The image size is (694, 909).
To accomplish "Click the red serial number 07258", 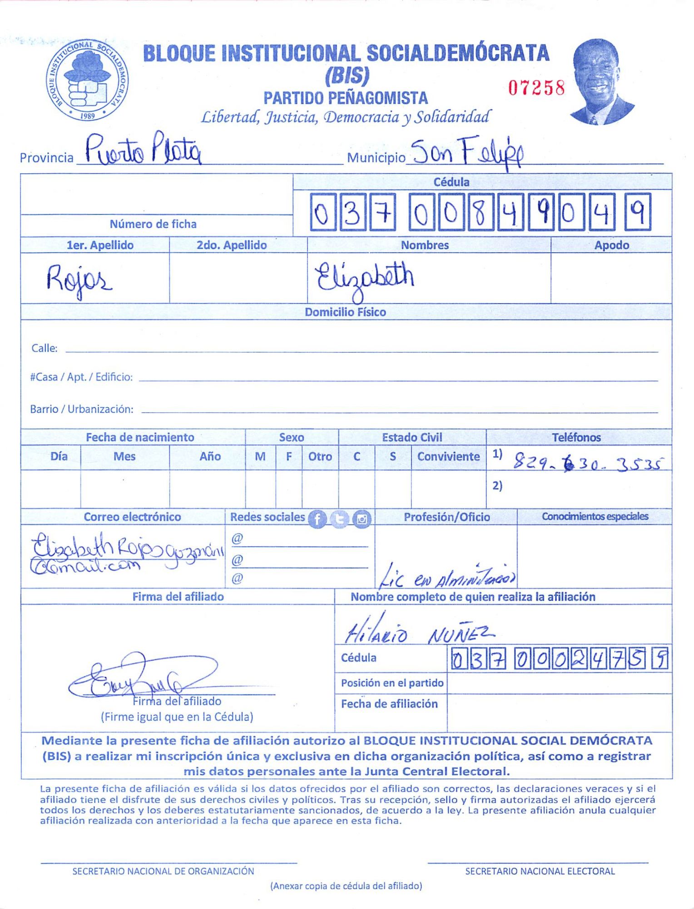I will coord(536,88).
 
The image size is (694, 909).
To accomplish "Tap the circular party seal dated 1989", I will coord(87,80).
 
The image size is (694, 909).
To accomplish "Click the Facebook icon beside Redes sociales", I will coord(317,519).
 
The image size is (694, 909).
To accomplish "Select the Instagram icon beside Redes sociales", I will coord(362,519).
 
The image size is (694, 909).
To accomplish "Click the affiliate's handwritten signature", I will coord(143,676).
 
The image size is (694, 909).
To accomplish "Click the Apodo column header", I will coord(611,245).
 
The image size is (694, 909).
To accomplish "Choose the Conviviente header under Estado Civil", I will coord(448,457).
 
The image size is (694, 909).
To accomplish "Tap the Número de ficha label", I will coord(153,224).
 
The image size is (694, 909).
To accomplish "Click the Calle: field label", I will coord(44,349).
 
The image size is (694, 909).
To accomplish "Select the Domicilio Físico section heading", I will coord(345,312).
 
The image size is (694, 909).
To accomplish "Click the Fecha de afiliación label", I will coord(389,704).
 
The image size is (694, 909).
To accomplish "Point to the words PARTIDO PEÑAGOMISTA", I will coord(346,98).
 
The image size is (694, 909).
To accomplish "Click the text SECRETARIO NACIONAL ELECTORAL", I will coord(540,871).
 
